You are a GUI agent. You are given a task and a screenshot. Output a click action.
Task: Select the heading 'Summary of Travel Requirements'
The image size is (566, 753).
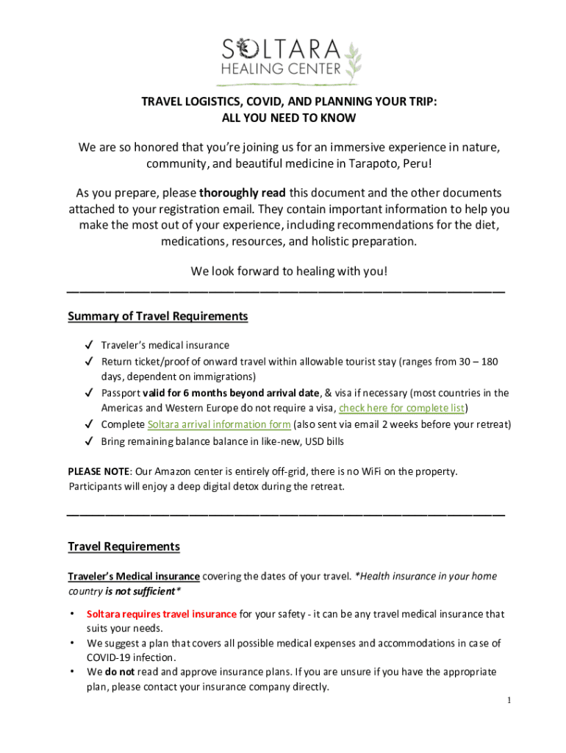(x=157, y=316)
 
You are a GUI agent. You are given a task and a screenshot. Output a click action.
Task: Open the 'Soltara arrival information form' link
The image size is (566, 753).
(x=219, y=424)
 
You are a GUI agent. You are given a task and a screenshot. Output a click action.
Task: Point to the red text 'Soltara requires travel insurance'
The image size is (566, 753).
(x=162, y=614)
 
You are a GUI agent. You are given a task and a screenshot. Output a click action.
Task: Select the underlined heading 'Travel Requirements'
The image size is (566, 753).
(x=123, y=546)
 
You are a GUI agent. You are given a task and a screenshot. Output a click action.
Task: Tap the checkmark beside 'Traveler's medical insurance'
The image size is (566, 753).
(x=88, y=345)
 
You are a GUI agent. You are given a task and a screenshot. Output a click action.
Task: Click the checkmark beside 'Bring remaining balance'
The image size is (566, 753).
(x=88, y=441)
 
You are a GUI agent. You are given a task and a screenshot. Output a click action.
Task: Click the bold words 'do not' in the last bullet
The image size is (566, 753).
(x=119, y=672)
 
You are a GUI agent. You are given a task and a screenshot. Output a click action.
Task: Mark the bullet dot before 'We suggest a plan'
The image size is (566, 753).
(x=73, y=643)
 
